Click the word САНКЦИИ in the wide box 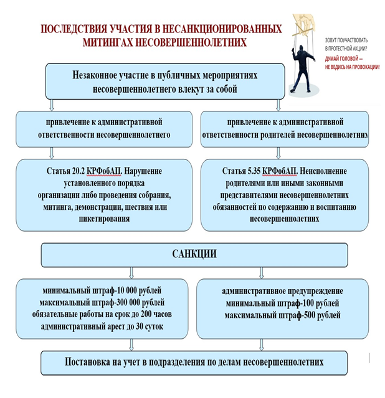(194, 253)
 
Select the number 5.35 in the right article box (254, 171)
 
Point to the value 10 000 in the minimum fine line (127, 290)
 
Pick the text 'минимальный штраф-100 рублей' (282, 303)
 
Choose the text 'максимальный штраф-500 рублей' (282, 315)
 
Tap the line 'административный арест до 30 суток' (102, 326)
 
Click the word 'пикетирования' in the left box (104, 219)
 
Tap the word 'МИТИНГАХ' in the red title (107, 42)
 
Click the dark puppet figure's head (302, 49)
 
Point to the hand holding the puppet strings (303, 22)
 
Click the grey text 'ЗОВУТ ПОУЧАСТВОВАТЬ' (346, 40)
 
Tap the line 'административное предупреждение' (282, 291)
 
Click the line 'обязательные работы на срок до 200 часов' (102, 315)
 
